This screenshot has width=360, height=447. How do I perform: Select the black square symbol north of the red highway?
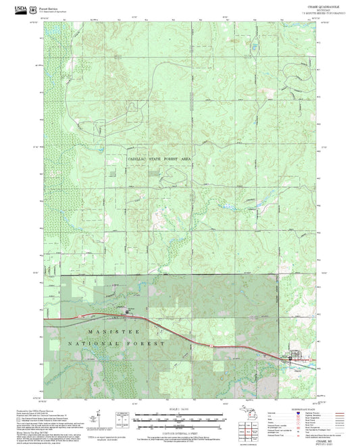[x=128, y=311]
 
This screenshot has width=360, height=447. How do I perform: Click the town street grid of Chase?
[x=294, y=359]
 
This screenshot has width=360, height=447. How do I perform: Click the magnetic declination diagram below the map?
[x=99, y=419]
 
